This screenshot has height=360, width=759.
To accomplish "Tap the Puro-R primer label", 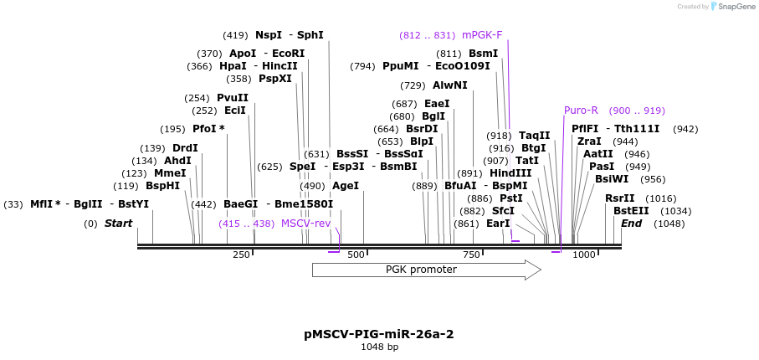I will [x=581, y=111].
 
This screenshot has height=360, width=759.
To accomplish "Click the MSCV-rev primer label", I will [x=305, y=224].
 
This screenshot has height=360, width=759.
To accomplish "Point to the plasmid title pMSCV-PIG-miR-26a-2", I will [x=379, y=334].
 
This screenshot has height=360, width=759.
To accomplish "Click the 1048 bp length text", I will [x=379, y=347].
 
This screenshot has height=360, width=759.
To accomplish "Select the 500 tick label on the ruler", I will [x=356, y=255].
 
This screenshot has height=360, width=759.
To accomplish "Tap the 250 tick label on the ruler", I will [x=241, y=255].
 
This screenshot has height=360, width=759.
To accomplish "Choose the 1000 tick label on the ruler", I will [x=584, y=255].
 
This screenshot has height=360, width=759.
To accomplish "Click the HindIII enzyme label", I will [x=510, y=173].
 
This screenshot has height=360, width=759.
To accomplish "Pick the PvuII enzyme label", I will [x=233, y=98].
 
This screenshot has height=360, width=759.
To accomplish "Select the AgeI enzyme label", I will [x=345, y=186].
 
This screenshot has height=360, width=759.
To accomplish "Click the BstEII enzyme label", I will [x=630, y=211].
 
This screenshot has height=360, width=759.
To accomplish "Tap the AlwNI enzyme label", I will [x=450, y=85].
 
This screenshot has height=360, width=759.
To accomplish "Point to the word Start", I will [x=118, y=224].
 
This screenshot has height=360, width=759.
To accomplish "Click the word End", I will [x=631, y=224].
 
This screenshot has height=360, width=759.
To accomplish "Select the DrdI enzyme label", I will [x=185, y=148].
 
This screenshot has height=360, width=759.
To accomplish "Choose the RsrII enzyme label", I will [x=619, y=198].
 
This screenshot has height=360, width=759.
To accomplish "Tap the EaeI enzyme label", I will [x=437, y=104].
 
